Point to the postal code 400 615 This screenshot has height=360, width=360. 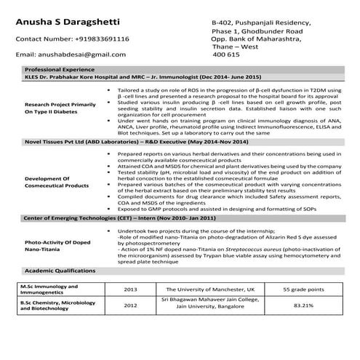pos(225,55)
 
